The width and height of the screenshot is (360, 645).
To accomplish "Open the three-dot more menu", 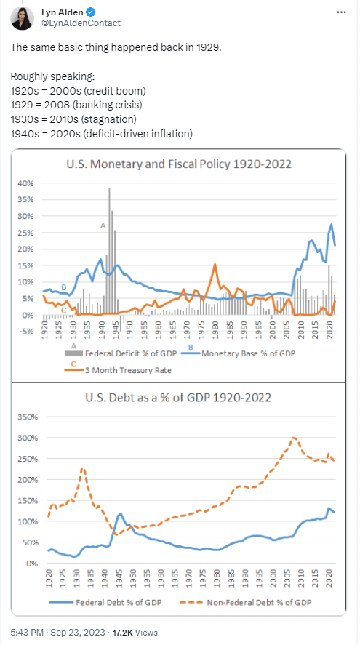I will tap(341, 12).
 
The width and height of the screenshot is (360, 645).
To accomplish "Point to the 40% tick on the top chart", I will tap(25, 183).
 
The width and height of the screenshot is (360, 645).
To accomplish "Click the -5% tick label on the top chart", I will tap(25, 332).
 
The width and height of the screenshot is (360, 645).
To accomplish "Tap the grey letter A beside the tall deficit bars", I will tap(103, 226).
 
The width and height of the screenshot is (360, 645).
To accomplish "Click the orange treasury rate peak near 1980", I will tap(215, 265).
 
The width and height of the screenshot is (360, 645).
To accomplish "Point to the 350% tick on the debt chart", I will tap(25, 418).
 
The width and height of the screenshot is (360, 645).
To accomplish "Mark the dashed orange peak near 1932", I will tap(82, 469).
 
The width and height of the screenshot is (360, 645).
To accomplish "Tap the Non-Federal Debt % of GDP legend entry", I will tap(252, 603).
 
